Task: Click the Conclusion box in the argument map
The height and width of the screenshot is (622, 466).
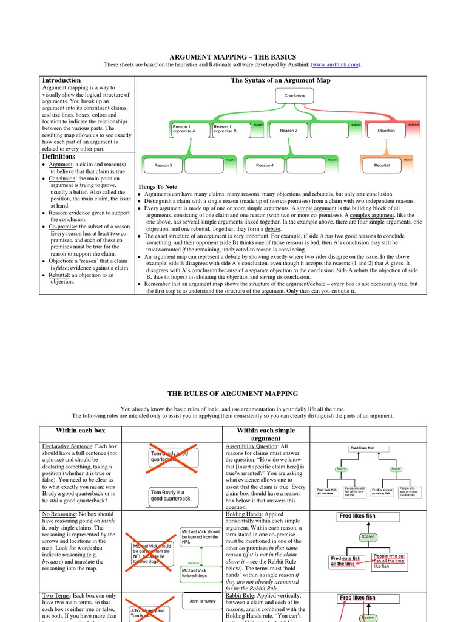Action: point(295,96)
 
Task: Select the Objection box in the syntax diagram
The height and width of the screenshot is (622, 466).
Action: point(386,131)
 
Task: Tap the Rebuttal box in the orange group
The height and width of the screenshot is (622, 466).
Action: point(382,165)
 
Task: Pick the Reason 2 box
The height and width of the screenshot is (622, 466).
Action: point(289,131)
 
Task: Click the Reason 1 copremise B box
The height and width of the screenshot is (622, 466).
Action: point(231,129)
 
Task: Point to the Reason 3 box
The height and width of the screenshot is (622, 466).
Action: point(163,165)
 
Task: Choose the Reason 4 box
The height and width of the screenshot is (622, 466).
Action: point(265,165)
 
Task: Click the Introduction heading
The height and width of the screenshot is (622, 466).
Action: point(61,80)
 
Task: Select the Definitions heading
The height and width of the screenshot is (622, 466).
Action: point(59,157)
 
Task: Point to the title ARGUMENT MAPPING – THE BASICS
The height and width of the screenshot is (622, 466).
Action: point(233,56)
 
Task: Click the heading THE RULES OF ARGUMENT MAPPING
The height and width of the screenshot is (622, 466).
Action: point(233,394)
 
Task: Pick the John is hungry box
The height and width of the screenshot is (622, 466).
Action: point(203,601)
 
